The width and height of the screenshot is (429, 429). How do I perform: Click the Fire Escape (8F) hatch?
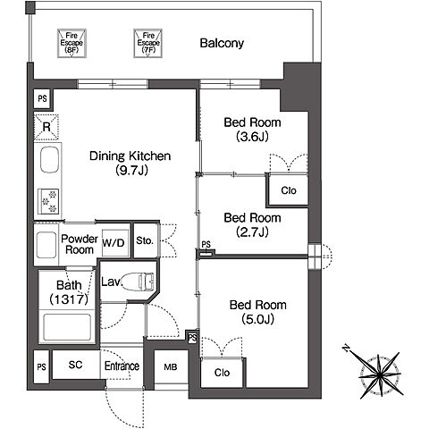tap(71, 43)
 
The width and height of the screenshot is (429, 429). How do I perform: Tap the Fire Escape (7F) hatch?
tap(148, 43)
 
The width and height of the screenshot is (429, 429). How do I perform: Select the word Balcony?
tap(222, 43)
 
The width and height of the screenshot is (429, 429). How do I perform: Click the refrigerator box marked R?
tap(46, 127)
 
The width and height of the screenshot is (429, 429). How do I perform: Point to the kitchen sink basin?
tap(49, 160)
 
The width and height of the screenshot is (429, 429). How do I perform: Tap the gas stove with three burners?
tap(48, 202)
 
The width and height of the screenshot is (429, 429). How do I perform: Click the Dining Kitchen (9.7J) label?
tap(130, 163)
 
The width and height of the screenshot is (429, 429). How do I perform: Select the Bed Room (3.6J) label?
tap(252, 130)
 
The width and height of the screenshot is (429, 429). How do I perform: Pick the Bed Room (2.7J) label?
tap(252, 224)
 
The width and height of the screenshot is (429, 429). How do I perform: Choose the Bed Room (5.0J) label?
tap(258, 312)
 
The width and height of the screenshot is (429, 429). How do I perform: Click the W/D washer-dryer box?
tap(115, 243)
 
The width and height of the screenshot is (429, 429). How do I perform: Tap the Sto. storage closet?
tap(145, 240)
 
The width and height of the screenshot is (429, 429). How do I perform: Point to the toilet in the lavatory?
tap(139, 282)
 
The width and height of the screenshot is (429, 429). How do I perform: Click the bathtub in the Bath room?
tap(67, 327)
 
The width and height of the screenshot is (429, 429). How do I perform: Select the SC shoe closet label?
tap(75, 365)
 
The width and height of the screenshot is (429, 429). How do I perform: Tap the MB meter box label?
tap(171, 367)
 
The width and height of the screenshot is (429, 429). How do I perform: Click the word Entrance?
tap(122, 366)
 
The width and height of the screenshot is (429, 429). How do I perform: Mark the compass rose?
tap(377, 372)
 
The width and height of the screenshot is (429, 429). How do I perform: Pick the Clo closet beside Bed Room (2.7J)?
tap(288, 190)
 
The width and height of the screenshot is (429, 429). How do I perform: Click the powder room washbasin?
tap(46, 245)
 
